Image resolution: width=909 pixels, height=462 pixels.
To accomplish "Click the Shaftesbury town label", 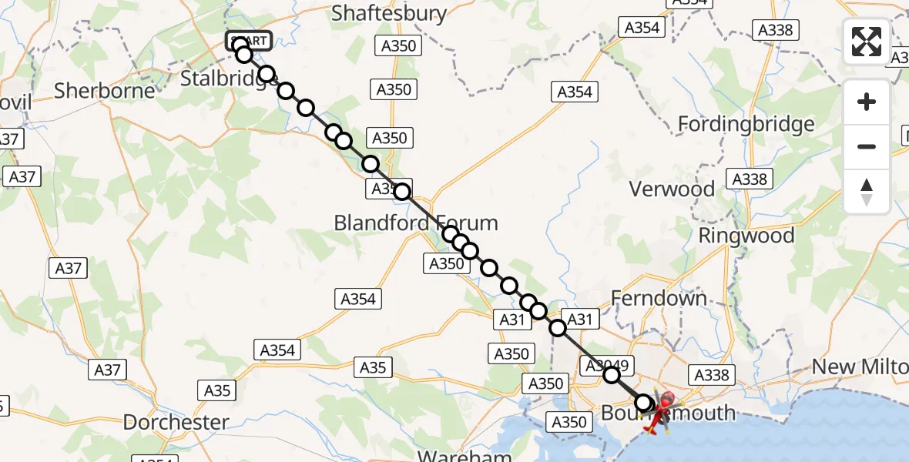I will click(389, 13).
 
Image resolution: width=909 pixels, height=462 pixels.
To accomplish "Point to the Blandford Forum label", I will click(416, 223).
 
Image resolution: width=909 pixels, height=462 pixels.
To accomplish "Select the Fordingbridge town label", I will click(745, 124).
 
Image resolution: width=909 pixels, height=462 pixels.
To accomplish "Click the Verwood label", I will click(672, 189).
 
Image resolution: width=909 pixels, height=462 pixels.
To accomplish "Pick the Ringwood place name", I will click(746, 236).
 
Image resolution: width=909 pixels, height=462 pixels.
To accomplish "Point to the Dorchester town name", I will click(176, 422).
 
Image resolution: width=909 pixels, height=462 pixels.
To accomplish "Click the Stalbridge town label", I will click(223, 78).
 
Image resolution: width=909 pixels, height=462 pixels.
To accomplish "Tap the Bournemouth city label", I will click(667, 413).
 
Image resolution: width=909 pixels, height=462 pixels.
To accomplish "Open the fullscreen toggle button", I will click(867, 42).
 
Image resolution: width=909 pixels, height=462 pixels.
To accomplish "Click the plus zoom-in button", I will click(867, 102).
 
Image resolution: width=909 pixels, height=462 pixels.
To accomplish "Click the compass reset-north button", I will click(867, 192).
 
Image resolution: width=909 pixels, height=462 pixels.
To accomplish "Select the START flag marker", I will click(248, 40).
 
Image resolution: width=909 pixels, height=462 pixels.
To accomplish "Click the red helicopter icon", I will click(659, 408).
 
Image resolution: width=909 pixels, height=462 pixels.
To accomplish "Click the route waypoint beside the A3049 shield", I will click(611, 375).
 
